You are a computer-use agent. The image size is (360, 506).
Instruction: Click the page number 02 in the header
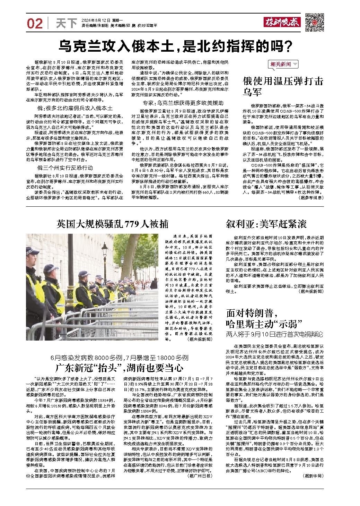(35, 24)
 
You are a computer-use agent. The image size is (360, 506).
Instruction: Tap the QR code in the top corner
(314, 22)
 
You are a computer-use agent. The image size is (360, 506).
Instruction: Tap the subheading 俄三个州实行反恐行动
(65, 168)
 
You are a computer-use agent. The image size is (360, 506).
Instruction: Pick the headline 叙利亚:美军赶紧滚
(266, 224)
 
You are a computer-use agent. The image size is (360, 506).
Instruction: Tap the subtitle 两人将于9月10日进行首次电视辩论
(274, 335)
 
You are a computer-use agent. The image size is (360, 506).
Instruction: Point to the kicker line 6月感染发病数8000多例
(120, 357)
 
